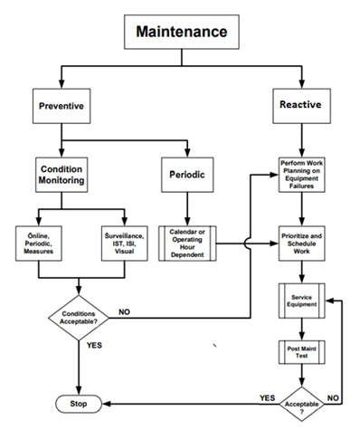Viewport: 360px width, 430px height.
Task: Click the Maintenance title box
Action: pos(182,33)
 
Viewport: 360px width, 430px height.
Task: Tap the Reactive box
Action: pos(298,105)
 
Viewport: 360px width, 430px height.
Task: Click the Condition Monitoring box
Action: pos(61,174)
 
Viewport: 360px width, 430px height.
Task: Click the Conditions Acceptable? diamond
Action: pos(80,317)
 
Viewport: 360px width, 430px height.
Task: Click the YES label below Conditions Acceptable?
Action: pos(94,345)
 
